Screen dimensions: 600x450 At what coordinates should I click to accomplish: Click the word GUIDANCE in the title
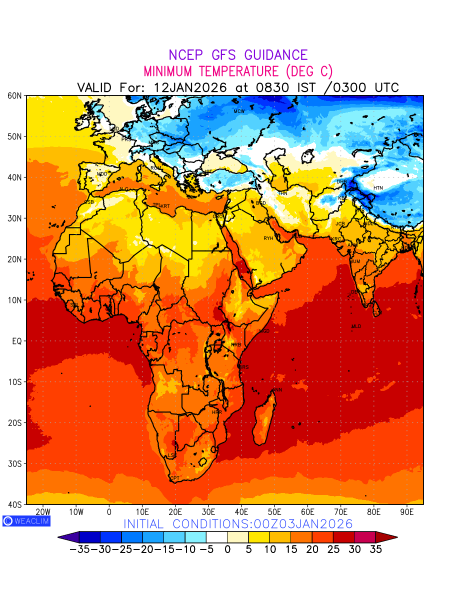tap(272, 55)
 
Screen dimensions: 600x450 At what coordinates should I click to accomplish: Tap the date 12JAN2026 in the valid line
tap(190, 87)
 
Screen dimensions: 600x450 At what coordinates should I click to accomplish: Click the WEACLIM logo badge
tap(26, 520)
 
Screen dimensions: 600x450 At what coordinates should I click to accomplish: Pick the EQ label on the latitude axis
tap(16, 341)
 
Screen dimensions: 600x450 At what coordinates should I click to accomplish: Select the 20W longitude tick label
tap(43, 512)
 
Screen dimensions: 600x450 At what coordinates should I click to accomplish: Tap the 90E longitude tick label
tap(407, 512)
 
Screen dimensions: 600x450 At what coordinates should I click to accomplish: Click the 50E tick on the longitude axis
tap(274, 512)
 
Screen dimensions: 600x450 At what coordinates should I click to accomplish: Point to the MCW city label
tap(239, 111)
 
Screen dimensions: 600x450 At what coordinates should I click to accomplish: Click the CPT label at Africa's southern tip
tap(174, 478)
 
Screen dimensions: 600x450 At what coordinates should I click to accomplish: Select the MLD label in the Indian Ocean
tap(356, 326)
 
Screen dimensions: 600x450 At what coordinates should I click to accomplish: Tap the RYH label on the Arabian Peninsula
tap(268, 238)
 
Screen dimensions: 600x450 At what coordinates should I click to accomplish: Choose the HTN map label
tap(378, 188)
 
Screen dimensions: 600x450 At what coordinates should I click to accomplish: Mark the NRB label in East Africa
tap(236, 345)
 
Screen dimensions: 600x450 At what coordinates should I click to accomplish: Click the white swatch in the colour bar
tap(216, 537)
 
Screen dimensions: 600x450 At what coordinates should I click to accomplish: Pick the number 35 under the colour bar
tap(375, 549)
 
